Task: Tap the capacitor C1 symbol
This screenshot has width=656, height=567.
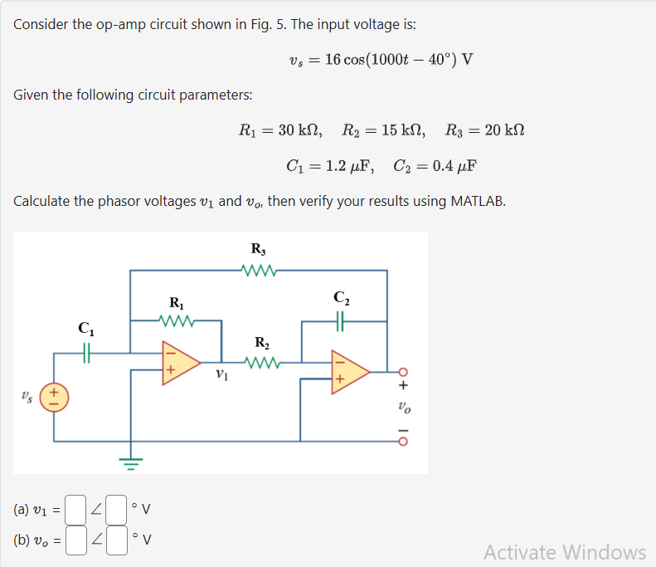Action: point(86,352)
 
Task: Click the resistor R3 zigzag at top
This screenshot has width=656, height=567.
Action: point(259,269)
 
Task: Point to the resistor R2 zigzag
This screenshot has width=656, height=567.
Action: point(262,362)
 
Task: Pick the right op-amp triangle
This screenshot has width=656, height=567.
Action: point(348,371)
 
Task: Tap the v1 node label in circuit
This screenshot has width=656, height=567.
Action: point(221,374)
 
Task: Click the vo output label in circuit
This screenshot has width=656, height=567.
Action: point(404,408)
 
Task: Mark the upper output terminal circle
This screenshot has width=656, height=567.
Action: point(404,371)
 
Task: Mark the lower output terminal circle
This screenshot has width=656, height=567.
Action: point(404,442)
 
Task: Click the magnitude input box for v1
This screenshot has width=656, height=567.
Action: point(75,506)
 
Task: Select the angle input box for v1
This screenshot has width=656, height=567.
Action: point(116,506)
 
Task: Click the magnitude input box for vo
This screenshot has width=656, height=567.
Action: point(75,540)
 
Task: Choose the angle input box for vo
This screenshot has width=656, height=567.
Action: point(116,540)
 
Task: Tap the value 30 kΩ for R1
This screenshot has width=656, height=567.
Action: point(298,130)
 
